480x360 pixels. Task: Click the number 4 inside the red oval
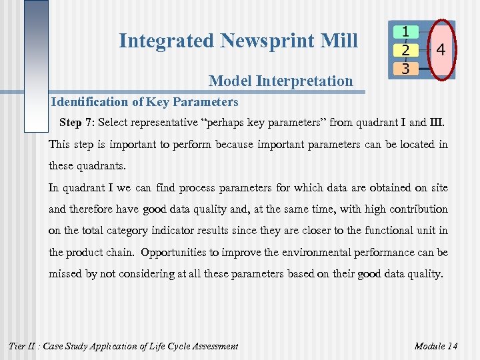pos(441,50)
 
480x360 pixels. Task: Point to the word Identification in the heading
pos(85,102)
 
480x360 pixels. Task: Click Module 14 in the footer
pos(436,346)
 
